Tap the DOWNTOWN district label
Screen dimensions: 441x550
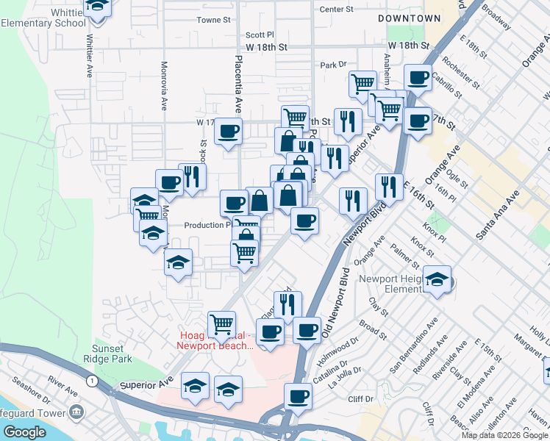click(x=409, y=18)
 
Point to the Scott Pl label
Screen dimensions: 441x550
click(x=260, y=35)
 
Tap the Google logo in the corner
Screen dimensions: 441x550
click(x=24, y=432)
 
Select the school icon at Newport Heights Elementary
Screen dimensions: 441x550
click(x=437, y=279)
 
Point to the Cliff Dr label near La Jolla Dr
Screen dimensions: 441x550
click(x=361, y=399)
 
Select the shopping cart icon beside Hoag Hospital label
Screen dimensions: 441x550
click(x=221, y=323)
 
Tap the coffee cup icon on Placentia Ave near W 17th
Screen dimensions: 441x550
click(x=228, y=132)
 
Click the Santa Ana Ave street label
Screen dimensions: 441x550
click(x=497, y=214)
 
